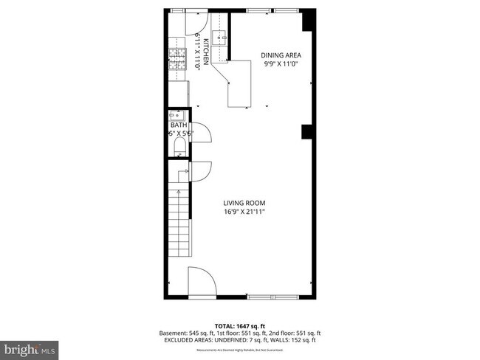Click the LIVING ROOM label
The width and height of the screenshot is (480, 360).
tap(244, 203)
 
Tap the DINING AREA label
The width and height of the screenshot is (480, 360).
tap(281, 55)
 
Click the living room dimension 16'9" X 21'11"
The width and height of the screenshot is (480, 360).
tap(244, 212)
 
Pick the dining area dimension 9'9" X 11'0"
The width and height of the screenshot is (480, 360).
tap(281, 63)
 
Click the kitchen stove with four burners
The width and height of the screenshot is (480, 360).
tap(177, 58)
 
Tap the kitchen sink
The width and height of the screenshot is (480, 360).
tap(219, 37)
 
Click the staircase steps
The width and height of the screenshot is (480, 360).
tap(179, 221)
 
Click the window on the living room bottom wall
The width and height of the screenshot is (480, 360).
tap(275, 297)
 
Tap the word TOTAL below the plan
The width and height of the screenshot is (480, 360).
tap(224, 325)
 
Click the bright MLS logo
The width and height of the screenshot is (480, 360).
tap(30, 347)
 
